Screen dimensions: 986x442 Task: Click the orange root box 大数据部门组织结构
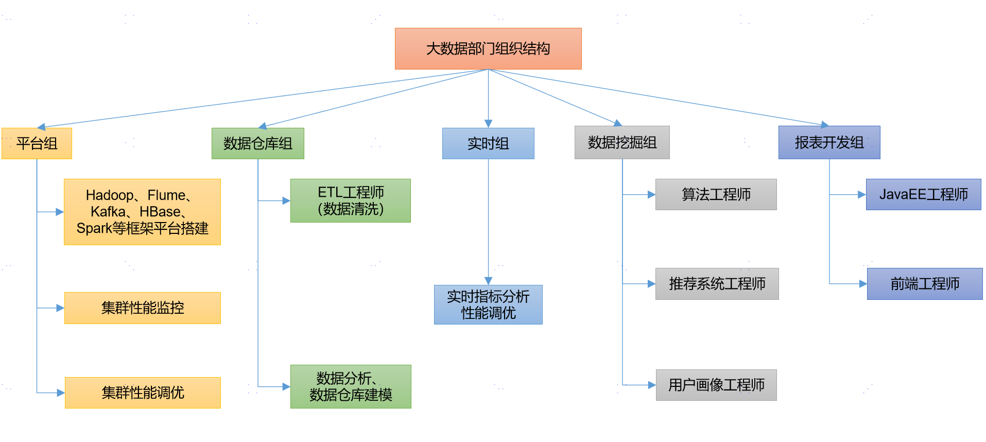[x=488, y=48]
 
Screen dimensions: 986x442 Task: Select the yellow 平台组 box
[x=37, y=143]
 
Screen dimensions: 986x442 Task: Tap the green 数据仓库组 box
[x=258, y=143]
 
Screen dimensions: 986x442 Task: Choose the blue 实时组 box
[x=488, y=143]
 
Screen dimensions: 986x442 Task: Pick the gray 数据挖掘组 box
[x=622, y=142]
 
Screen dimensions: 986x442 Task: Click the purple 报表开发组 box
[x=829, y=142]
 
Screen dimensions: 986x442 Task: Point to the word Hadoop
[x=110, y=196]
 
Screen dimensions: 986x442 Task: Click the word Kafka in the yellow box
[x=108, y=212]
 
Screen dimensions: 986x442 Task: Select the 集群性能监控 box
[x=143, y=308]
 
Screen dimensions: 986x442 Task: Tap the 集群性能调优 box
[x=143, y=393]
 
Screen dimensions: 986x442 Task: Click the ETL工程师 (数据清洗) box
[x=351, y=200]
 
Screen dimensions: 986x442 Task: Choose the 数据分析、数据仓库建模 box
[x=351, y=386]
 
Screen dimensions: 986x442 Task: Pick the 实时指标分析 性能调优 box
[x=488, y=304]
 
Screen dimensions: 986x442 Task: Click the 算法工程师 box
[x=716, y=194]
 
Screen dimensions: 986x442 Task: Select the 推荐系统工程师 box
[x=717, y=284]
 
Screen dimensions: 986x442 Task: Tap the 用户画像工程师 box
[x=716, y=385]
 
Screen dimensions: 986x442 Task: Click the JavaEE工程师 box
[x=924, y=194]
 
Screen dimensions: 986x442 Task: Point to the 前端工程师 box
[x=925, y=284]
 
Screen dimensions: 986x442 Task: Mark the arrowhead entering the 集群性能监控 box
[x=60, y=308]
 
